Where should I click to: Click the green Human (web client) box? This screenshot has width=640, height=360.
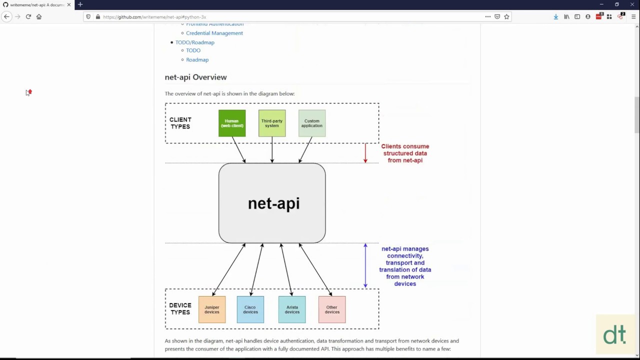pyautogui.click(x=232, y=123)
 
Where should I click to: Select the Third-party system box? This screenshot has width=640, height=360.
pyautogui.click(x=272, y=123)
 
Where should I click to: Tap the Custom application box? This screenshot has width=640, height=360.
pyautogui.click(x=312, y=123)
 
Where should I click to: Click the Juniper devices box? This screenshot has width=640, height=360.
pyautogui.click(x=212, y=309)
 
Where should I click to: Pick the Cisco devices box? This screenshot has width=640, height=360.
pyautogui.click(x=250, y=309)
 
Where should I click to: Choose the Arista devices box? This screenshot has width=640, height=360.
pyautogui.click(x=292, y=309)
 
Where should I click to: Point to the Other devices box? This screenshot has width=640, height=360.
pyautogui.click(x=332, y=309)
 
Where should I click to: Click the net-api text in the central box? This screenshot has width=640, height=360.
pyautogui.click(x=273, y=203)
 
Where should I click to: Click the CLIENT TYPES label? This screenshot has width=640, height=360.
pyautogui.click(x=180, y=123)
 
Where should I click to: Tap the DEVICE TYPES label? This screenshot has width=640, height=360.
pyautogui.click(x=180, y=309)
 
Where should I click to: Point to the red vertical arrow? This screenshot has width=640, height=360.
pyautogui.click(x=365, y=153)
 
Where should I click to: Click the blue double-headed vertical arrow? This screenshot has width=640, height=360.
pyautogui.click(x=365, y=265)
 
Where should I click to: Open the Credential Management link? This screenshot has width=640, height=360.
pyautogui.click(x=214, y=33)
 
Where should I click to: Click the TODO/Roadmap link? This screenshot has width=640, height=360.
pyautogui.click(x=194, y=42)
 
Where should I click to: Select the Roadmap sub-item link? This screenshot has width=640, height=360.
pyautogui.click(x=197, y=60)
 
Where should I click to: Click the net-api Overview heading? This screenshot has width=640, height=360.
pyautogui.click(x=195, y=77)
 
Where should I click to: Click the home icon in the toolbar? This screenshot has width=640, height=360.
pyautogui.click(x=39, y=16)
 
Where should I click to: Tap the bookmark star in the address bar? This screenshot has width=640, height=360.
pyautogui.click(x=506, y=16)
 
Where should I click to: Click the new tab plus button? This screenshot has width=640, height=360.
pyautogui.click(x=80, y=4)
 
